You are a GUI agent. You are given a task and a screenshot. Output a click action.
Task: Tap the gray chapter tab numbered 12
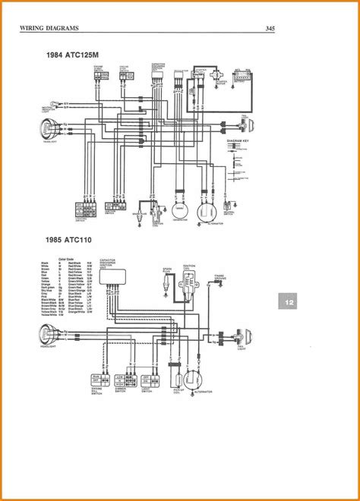click(x=289, y=302)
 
